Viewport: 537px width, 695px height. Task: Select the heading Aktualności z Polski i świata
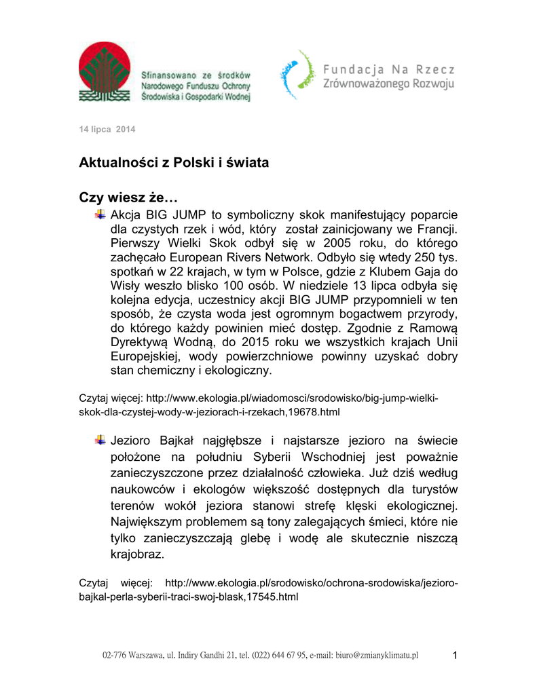coord(174,164)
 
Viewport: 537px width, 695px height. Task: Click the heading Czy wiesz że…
coord(128,198)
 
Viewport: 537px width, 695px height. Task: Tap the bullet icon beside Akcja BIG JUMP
coord(100,214)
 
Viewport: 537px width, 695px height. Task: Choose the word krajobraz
coord(137,555)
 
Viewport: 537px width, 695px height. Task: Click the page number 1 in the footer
coord(455,655)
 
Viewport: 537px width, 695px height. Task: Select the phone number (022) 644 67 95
coord(278,656)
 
